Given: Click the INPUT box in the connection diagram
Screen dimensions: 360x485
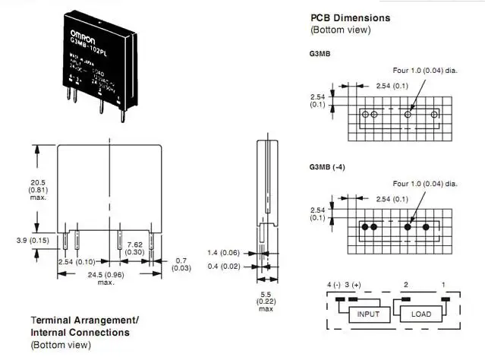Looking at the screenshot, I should point(369,312).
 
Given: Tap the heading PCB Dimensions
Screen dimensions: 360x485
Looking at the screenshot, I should point(350,17).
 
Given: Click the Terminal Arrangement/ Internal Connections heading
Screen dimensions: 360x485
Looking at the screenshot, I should point(84,326).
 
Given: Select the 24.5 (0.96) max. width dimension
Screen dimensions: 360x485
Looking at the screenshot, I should point(106,277).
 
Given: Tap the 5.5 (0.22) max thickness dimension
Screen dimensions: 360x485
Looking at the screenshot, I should point(266,301).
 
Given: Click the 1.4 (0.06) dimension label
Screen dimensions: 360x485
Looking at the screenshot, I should point(224,251).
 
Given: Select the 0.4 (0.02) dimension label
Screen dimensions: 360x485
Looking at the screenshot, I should point(224,265).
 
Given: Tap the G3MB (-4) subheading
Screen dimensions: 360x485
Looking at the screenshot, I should point(327,166).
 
